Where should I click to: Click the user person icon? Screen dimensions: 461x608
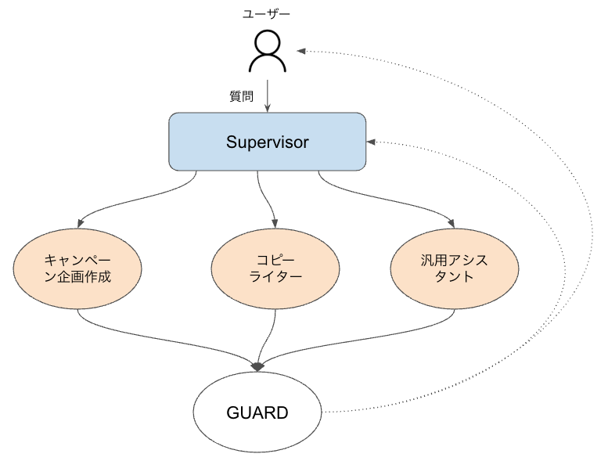tap(267, 52)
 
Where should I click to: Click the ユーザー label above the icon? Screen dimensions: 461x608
tap(267, 14)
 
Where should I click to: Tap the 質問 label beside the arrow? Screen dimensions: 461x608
tap(241, 96)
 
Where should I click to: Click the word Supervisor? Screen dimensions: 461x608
tap(268, 142)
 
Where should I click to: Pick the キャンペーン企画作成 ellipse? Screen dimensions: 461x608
tap(77, 268)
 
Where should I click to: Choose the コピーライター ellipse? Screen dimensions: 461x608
tap(275, 268)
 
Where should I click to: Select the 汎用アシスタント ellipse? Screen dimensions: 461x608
tap(454, 268)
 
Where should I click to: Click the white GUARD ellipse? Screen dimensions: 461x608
tap(257, 412)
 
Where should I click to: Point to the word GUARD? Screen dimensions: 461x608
tap(257, 412)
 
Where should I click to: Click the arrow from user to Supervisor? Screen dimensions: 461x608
tap(268, 94)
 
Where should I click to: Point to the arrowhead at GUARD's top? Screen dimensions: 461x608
tap(258, 366)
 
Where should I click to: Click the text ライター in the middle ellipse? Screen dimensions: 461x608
tap(275, 276)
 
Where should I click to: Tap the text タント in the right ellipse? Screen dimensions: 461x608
tap(454, 276)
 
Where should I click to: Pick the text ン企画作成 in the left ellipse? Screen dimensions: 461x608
tap(77, 276)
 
